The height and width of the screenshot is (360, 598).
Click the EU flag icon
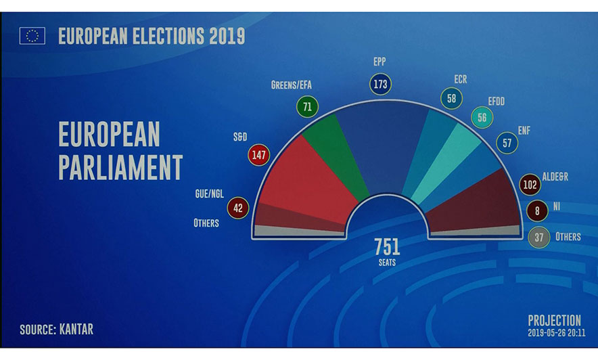[x=32, y=35]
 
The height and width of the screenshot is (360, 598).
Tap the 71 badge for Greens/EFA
[x=307, y=106]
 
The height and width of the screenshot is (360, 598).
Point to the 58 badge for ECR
[x=451, y=99]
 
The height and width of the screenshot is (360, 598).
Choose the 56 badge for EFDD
[x=482, y=117]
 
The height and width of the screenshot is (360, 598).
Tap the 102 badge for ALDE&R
[x=530, y=185]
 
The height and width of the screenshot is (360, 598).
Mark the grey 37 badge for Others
[x=538, y=237]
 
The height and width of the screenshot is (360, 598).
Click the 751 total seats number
[x=387, y=246]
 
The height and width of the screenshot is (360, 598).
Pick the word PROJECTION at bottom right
[x=554, y=320]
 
